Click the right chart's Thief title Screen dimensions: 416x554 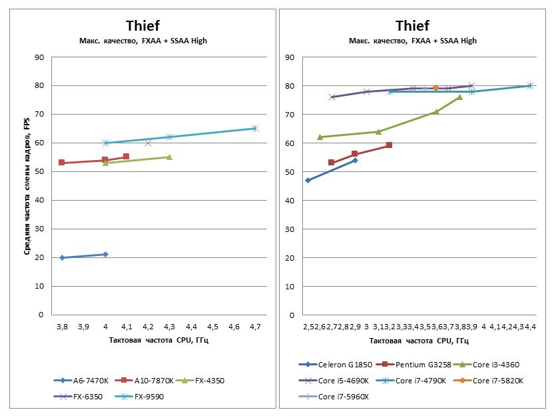pos(412,26)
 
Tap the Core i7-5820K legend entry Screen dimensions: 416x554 pos(495,381)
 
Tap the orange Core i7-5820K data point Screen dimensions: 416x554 pos(435,87)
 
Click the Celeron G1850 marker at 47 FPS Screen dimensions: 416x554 pos(308,180)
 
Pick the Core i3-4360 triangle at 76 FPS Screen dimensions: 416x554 pos(459,97)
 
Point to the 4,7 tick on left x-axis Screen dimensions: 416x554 pos(255,327)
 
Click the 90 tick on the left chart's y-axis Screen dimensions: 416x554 pos(39,57)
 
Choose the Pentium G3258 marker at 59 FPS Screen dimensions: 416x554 pos(389,145)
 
